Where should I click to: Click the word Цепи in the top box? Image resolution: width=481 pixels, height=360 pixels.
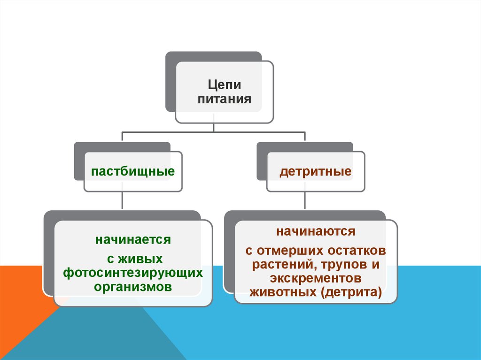coord(225,85)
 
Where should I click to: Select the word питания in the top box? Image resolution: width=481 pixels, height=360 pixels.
coord(224,100)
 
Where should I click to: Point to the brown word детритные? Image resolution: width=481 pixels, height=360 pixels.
coord(316,171)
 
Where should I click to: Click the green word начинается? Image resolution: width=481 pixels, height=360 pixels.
coord(133,240)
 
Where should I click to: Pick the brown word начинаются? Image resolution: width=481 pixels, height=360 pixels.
coord(315,231)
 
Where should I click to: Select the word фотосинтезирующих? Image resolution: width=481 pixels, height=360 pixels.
coord(133,273)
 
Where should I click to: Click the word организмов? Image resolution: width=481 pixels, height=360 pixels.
coord(133,286)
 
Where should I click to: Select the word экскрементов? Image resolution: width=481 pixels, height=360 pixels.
coord(315,278)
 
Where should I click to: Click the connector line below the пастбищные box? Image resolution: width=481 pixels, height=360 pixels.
coord(122,200)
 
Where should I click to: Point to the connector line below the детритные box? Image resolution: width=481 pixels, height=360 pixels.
coord(305,200)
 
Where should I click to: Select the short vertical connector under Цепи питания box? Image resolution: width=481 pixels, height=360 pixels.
coord(214,128)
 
